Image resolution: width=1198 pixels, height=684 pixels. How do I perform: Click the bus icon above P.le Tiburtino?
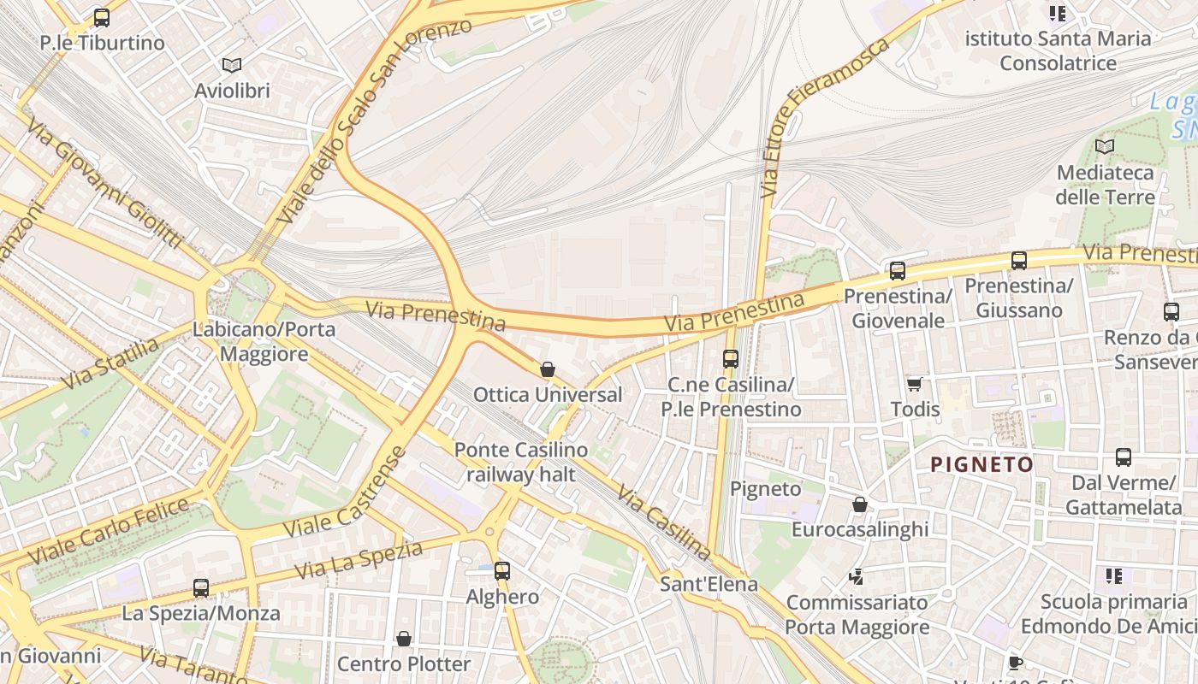point(102,17)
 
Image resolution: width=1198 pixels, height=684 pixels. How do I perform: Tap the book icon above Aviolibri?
point(232,65)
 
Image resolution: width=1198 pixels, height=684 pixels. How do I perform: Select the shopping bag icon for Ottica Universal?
point(548,369)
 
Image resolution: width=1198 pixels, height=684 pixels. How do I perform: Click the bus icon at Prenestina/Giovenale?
point(897,271)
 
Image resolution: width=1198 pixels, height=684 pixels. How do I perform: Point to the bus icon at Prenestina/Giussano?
point(1018,261)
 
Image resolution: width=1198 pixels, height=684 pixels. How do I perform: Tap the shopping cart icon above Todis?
point(915,384)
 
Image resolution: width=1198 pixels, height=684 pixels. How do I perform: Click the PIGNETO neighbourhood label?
point(982,464)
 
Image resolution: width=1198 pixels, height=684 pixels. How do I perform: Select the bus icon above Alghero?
point(502,571)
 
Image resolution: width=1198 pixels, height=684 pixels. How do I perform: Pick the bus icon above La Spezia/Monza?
point(201,588)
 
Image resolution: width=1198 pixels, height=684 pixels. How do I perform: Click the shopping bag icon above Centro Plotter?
point(404,639)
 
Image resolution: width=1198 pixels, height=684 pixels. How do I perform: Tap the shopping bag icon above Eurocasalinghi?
point(860,504)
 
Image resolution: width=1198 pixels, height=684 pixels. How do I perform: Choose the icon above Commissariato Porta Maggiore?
point(856,577)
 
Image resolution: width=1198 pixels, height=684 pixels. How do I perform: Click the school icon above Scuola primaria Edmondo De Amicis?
point(1113,576)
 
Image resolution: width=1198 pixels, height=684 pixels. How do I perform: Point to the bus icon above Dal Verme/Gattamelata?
point(1124,457)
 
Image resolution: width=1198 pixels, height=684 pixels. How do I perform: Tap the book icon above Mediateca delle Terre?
point(1105,147)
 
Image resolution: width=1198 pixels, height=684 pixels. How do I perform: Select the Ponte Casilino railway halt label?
point(520,462)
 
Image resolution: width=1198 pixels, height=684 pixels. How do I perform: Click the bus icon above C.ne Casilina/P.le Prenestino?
point(730,359)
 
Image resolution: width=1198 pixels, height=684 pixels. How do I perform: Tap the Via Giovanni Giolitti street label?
point(104,183)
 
